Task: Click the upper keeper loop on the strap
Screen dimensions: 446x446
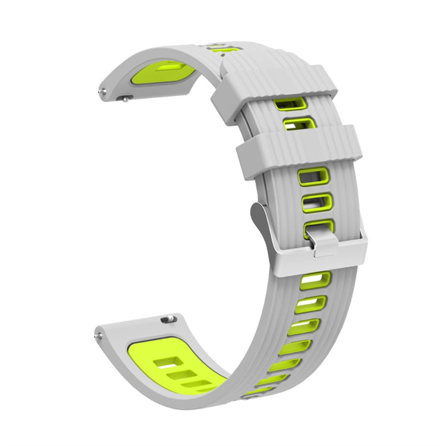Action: click(x=279, y=89)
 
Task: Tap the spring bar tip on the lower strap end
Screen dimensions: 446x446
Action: click(x=96, y=337)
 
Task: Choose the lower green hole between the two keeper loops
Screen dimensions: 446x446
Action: click(x=299, y=124)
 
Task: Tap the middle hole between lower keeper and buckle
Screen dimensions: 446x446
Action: click(x=316, y=202)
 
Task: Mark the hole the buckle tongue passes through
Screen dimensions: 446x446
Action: click(x=318, y=227)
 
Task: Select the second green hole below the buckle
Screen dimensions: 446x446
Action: click(x=312, y=304)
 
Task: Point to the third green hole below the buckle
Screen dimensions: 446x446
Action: click(x=304, y=326)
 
